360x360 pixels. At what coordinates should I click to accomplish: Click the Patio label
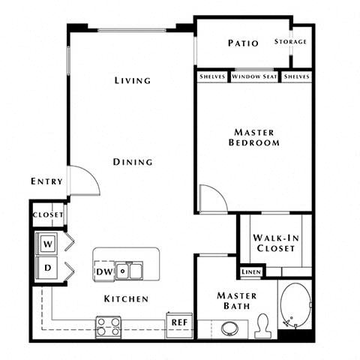tap(243, 43)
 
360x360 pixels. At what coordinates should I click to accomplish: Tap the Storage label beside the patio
tap(290, 42)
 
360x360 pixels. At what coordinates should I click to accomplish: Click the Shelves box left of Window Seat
tap(212, 76)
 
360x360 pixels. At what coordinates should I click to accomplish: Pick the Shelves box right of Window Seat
tap(297, 76)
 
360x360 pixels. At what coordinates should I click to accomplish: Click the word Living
tap(133, 80)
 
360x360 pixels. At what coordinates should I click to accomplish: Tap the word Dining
tap(133, 161)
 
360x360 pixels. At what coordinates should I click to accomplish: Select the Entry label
tap(46, 181)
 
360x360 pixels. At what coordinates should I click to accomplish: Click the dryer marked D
tap(47, 268)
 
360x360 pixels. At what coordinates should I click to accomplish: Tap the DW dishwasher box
tap(104, 271)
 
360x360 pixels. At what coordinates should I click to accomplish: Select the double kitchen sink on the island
tap(130, 270)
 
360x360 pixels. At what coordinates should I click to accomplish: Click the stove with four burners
tap(109, 327)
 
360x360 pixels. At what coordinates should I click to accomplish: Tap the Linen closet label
tap(250, 272)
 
